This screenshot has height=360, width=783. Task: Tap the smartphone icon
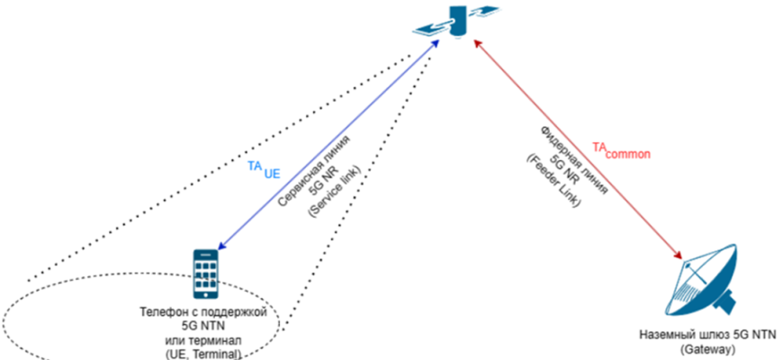pyautogui.click(x=207, y=274)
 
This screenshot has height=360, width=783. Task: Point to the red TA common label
pyautogui.click(x=620, y=150)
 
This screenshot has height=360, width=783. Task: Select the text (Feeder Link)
pyautogui.click(x=555, y=179)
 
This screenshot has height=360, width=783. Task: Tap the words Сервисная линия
pyautogui.click(x=313, y=166)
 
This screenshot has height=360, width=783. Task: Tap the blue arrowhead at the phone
pyautogui.click(x=221, y=244)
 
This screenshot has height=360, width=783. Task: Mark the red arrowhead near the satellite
pyautogui.click(x=478, y=48)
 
